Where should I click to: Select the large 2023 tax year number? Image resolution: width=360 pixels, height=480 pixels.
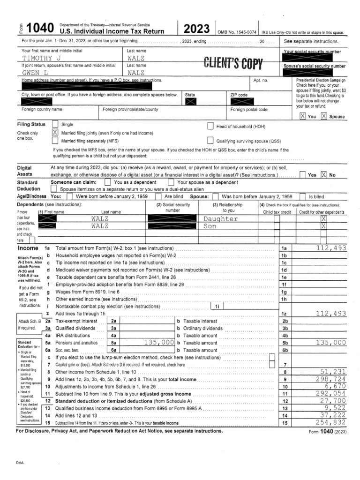[197, 30]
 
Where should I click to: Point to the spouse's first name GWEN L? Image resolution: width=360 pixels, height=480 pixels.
[36, 73]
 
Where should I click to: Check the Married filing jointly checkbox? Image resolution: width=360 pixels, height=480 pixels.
[55, 133]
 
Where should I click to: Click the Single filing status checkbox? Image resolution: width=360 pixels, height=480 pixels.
[55, 124]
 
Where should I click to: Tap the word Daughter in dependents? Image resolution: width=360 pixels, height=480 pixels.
[221, 219]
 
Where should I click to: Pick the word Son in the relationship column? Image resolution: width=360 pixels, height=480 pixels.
[210, 226]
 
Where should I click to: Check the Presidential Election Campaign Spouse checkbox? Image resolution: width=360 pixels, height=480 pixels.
[324, 116]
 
